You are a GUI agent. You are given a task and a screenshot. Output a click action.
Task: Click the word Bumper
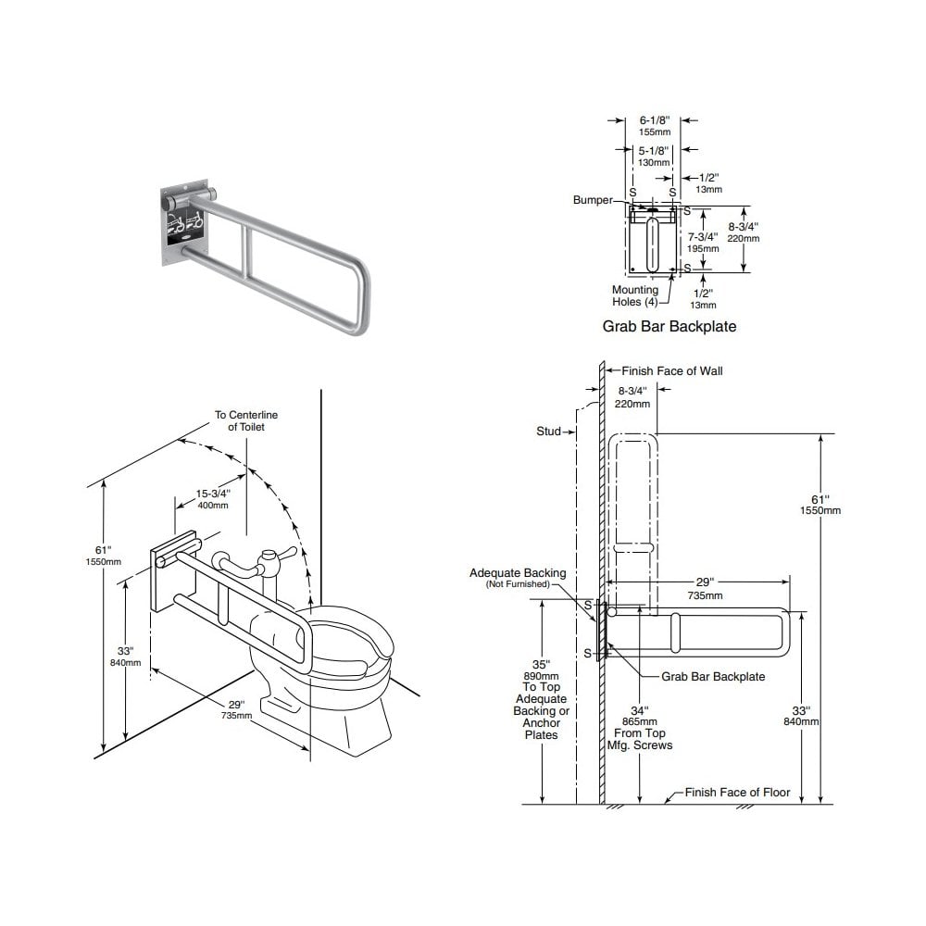pos(593,200)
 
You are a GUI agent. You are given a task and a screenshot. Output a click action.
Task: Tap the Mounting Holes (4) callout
pos(635,296)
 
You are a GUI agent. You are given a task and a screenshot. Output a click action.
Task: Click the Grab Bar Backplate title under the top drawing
pos(669,326)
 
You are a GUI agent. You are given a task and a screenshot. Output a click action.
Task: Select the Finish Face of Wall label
pos(671,371)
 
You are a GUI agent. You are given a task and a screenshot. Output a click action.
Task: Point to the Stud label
pos(548,432)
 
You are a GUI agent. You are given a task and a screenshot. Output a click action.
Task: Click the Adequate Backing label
pos(518,574)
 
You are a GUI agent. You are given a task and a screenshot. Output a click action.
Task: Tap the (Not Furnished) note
pos(518,585)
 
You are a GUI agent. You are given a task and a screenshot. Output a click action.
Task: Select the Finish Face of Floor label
pos(737,793)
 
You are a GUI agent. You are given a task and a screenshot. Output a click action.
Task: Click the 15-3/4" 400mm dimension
pos(213,498)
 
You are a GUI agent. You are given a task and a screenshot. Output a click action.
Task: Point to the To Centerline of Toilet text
pos(246,420)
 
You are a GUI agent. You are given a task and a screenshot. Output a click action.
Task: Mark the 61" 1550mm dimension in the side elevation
pos(820,504)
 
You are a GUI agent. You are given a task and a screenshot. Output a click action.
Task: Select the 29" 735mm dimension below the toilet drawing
pos(236,709)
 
